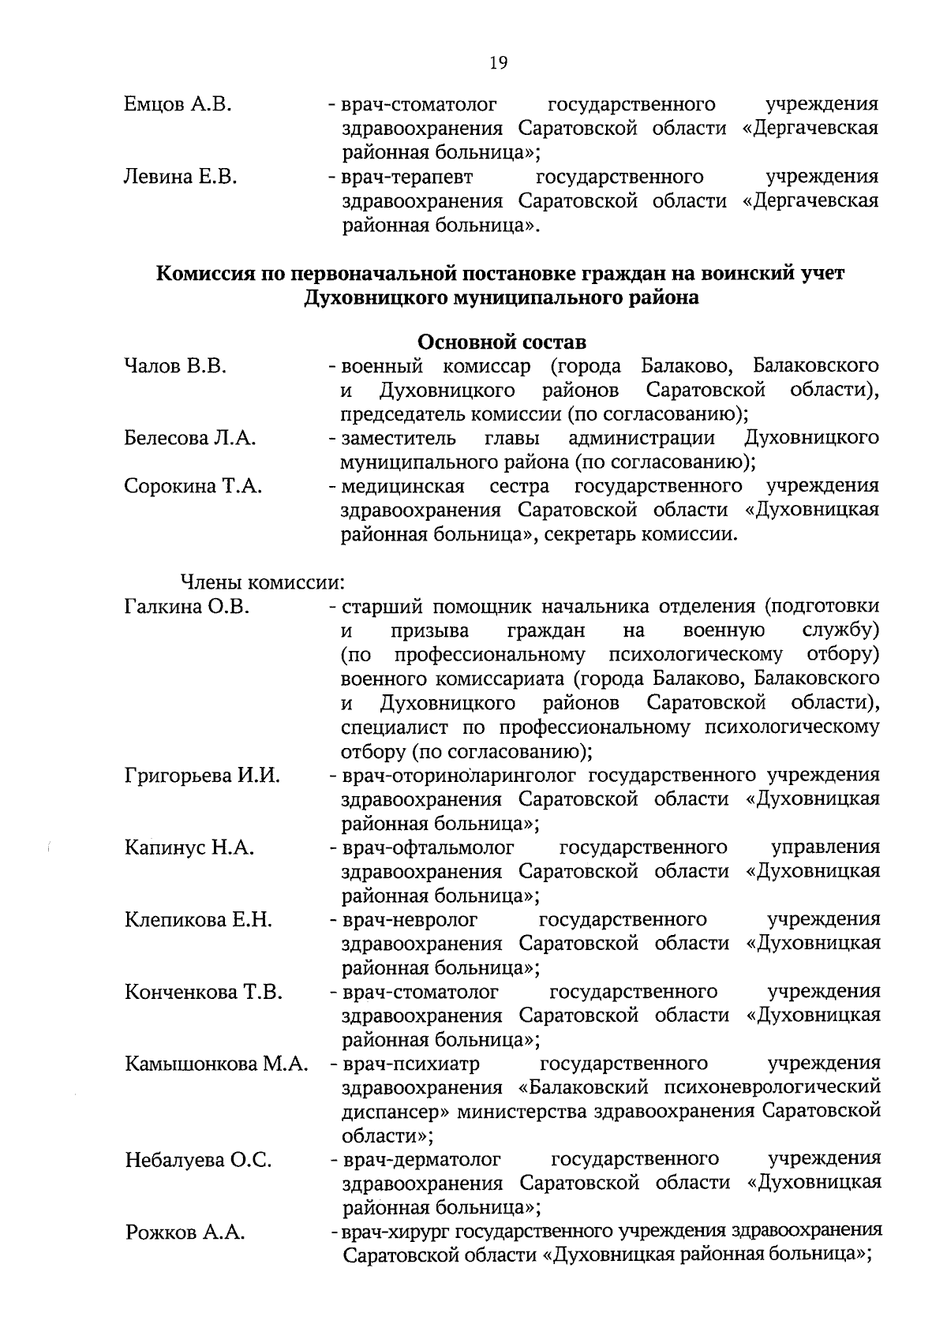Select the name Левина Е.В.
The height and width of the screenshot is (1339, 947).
[x=181, y=177]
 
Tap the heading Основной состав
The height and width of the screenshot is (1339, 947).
[x=501, y=343]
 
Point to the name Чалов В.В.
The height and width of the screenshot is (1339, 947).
[x=176, y=367]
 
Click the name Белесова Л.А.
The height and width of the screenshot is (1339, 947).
[x=189, y=439]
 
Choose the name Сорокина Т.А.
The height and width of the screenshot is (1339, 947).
[x=193, y=487]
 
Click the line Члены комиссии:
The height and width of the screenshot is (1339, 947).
[x=264, y=583]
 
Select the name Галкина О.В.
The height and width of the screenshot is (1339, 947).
[x=187, y=607]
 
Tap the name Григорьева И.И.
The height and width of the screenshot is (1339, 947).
[x=202, y=776]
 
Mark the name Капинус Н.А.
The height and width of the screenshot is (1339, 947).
[x=189, y=848]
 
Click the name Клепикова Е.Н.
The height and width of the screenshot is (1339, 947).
[x=198, y=920]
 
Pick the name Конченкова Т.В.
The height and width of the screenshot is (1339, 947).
[x=203, y=992]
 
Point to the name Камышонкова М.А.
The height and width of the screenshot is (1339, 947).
[x=215, y=1064]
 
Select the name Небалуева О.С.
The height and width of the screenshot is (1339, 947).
[x=198, y=1161]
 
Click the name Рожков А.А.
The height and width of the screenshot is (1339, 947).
[x=185, y=1233]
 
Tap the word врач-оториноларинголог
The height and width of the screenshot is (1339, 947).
[x=459, y=776]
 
